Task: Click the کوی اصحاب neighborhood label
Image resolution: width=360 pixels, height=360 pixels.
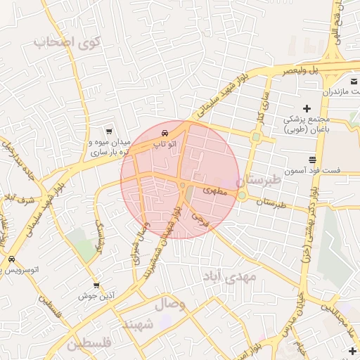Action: (67, 42)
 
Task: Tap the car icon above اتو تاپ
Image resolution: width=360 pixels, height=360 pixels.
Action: (165, 132)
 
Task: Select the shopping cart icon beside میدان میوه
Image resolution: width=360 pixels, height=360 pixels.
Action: (108, 131)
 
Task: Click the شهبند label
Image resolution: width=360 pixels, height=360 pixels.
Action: (138, 324)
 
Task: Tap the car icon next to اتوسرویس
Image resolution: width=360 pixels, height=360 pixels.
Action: (11, 259)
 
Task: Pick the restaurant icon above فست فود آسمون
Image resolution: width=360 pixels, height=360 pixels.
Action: (312, 159)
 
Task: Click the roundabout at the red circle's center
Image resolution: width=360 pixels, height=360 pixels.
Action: (182, 185)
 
